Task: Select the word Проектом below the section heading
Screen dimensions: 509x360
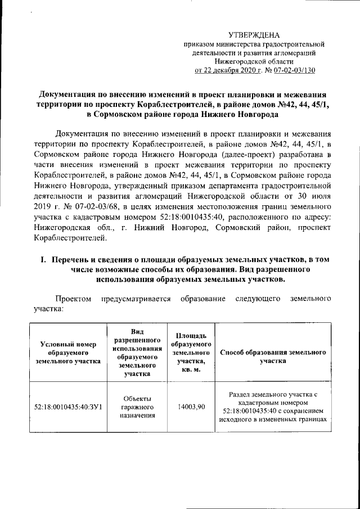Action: pyautogui.click(x=72, y=298)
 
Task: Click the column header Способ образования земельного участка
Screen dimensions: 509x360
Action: pyautogui.click(x=272, y=356)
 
